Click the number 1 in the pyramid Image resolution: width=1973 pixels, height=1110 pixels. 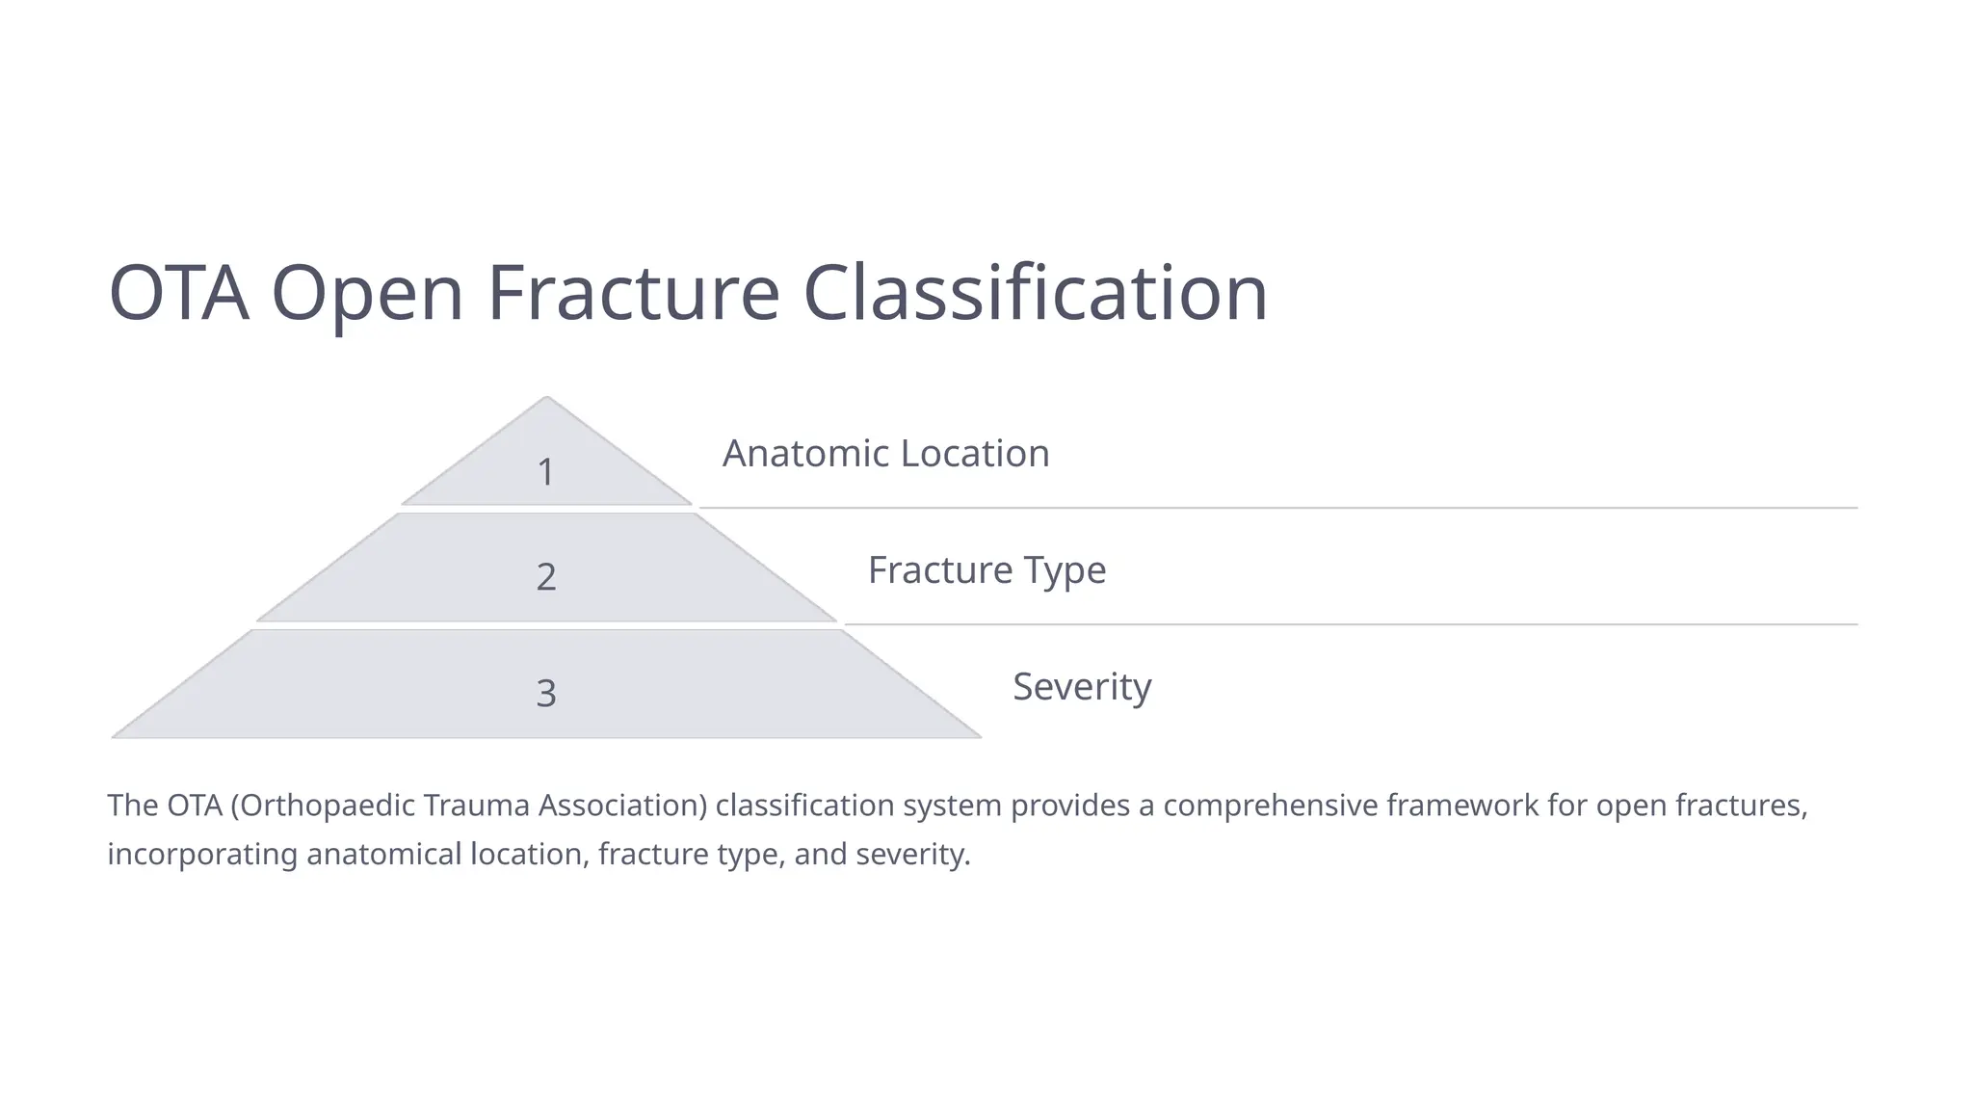click(x=545, y=472)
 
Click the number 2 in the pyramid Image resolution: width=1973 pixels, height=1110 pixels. click(x=546, y=577)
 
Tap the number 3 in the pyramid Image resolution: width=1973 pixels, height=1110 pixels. click(x=546, y=694)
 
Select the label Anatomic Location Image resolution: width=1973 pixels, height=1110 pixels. click(x=885, y=454)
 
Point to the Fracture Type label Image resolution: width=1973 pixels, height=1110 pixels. click(x=986, y=570)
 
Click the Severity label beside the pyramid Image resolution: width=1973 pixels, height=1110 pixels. click(x=1082, y=687)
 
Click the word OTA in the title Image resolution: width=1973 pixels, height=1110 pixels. click(x=178, y=293)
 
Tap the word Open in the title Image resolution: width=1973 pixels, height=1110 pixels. click(x=367, y=293)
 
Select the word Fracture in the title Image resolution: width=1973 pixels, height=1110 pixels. click(x=633, y=293)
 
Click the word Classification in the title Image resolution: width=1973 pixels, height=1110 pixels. click(x=1035, y=293)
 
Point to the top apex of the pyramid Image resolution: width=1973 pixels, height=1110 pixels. click(x=546, y=399)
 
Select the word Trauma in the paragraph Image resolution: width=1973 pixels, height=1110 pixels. click(x=477, y=805)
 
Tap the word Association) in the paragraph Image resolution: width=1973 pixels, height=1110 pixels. click(x=622, y=805)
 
